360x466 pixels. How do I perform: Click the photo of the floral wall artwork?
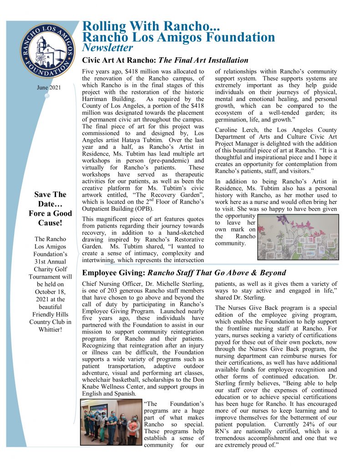tap(299, 237)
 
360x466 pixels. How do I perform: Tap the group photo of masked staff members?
tap(111, 422)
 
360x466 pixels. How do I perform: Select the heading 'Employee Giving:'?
tap(113, 273)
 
